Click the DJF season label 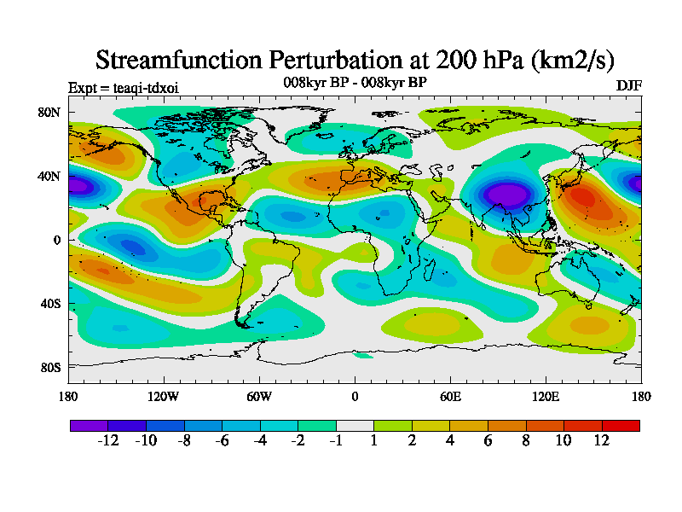[628, 86]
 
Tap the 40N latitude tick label [50, 176]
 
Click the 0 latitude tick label [57, 240]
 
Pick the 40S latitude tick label [50, 304]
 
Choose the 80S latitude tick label [50, 368]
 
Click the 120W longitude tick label [164, 396]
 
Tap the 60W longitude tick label [259, 396]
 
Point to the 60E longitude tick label [450, 396]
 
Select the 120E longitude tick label [546, 396]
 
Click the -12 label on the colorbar [107, 440]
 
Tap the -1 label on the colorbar [335, 440]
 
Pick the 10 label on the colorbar [564, 440]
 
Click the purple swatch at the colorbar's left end [89, 425]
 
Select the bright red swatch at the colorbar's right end [621, 425]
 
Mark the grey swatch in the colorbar [355, 425]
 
